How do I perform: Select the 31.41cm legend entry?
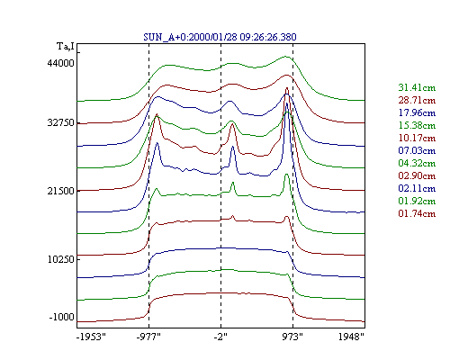tap(417, 87)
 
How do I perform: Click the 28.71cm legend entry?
tap(417, 100)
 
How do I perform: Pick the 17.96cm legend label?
tap(417, 112)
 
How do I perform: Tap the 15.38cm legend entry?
tap(417, 125)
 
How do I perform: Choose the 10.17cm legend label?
tap(417, 138)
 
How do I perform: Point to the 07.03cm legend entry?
tap(417, 150)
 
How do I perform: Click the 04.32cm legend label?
tap(417, 163)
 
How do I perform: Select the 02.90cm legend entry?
tap(417, 175)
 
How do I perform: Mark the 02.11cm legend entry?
tap(417, 188)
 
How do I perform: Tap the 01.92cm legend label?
tap(417, 201)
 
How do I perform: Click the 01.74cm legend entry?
tap(417, 213)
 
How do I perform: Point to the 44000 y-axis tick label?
tap(60, 63)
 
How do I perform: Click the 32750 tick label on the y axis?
tap(60, 123)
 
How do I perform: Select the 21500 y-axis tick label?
tap(60, 191)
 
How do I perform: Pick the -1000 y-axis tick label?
tap(61, 317)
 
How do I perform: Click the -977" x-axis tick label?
tap(148, 337)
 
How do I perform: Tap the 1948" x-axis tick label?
tap(351, 337)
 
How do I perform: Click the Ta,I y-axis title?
tap(66, 47)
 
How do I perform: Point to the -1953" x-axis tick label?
tap(91, 337)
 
